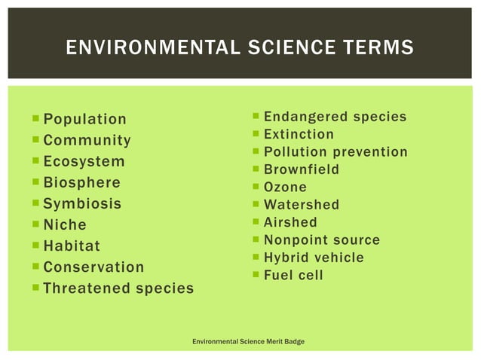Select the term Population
point(85,119)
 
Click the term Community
point(87,140)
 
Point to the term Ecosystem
point(84,161)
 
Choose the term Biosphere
point(81,182)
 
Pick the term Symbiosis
point(82,203)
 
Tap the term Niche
point(65,224)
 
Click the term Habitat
point(72,246)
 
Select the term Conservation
point(93,267)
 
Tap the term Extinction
point(299,134)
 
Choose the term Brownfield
point(302,169)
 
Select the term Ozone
point(285,187)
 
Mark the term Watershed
point(302,205)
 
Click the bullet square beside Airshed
point(256,222)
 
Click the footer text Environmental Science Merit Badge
point(249,342)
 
